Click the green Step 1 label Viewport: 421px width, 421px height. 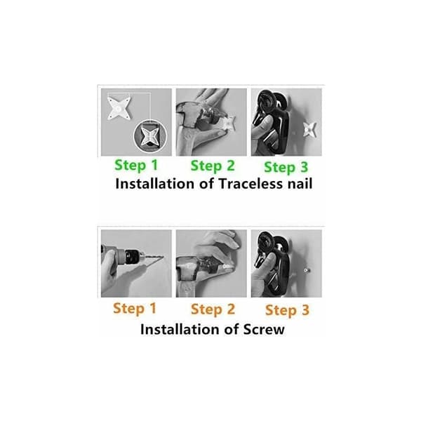point(136,165)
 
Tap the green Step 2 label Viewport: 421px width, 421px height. point(213,166)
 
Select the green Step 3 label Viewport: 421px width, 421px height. point(286,167)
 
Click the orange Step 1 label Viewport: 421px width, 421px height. point(135,309)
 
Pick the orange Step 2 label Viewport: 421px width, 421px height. point(213,309)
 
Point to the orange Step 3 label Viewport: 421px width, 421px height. point(287,310)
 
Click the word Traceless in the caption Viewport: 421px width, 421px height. point(250,184)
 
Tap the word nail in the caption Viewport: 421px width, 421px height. point(300,184)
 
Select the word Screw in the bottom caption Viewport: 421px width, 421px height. point(264,329)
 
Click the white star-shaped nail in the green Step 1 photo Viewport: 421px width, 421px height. point(119,108)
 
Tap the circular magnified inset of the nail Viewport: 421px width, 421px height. point(150,136)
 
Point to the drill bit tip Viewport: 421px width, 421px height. point(163,257)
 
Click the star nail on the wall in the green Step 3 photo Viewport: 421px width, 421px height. point(310,129)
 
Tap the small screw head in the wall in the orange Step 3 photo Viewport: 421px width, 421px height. point(306,270)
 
